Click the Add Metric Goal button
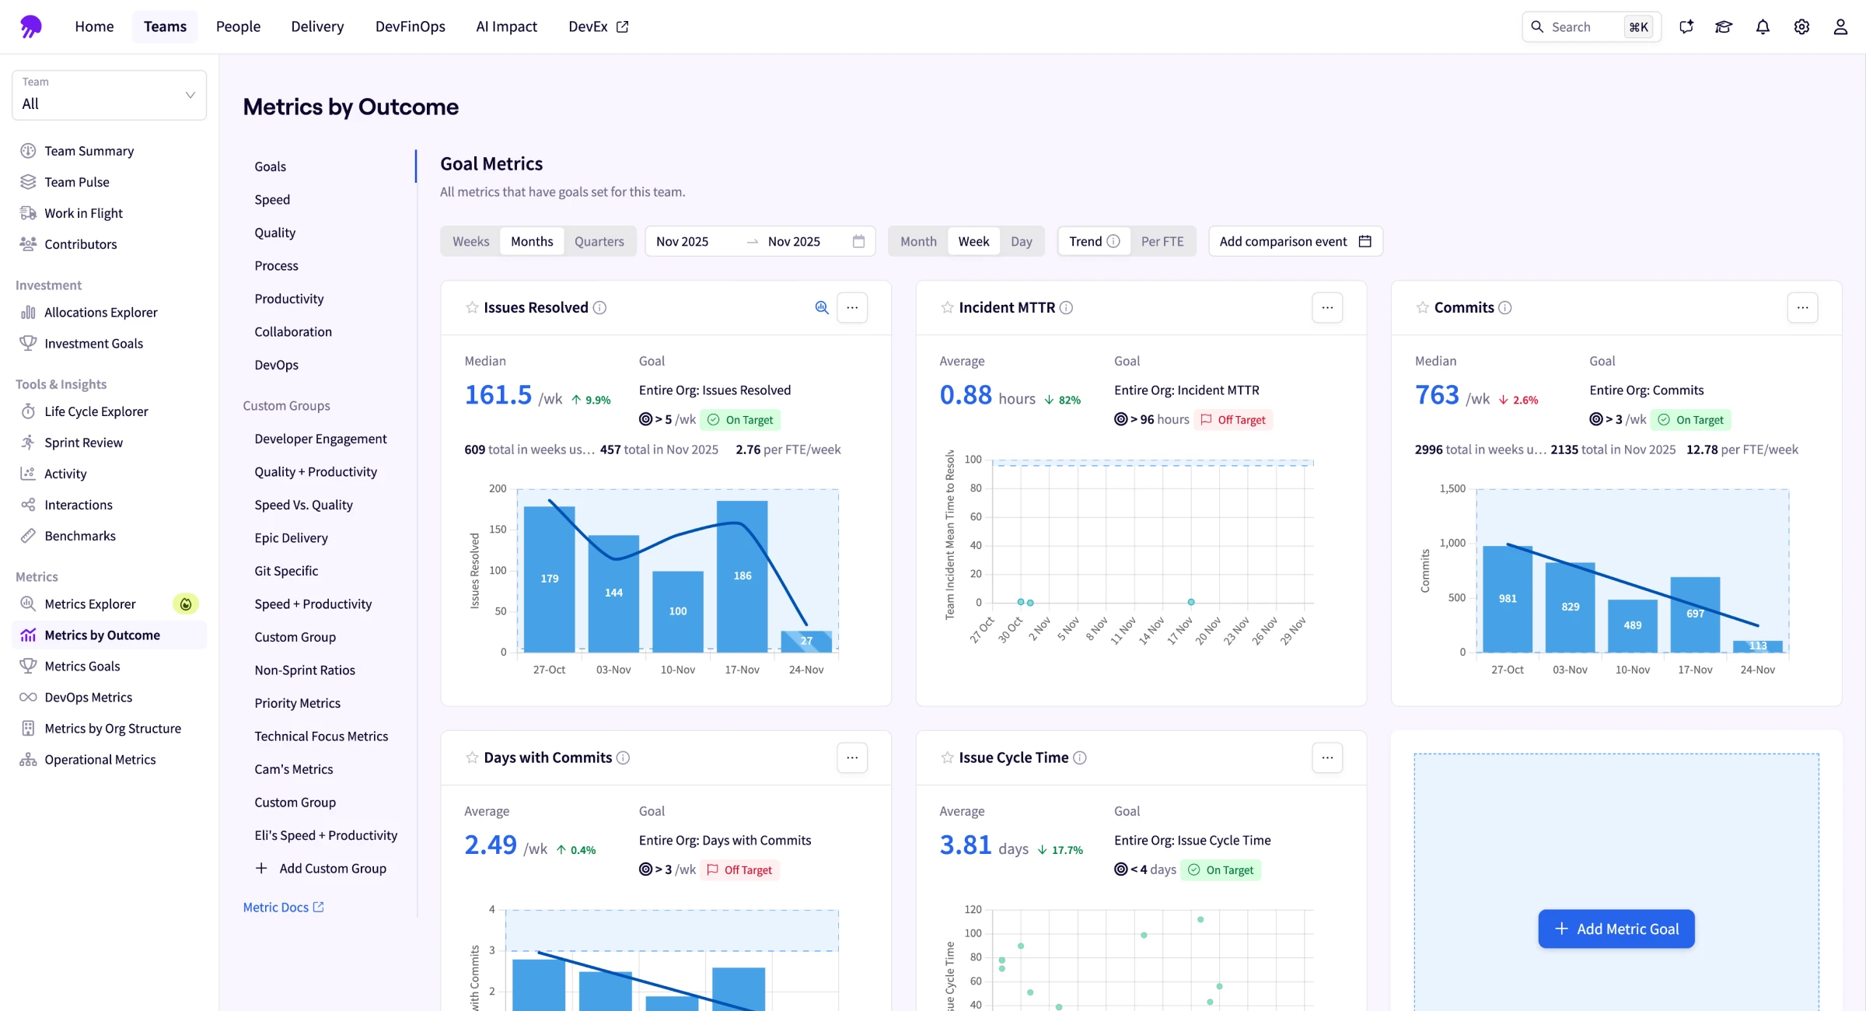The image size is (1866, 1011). [x=1616, y=929]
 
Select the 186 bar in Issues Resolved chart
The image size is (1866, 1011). [x=742, y=575]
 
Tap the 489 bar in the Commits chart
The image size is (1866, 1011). [x=1632, y=625]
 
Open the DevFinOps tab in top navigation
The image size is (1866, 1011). [x=410, y=26]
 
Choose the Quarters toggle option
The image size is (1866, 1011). [x=599, y=241]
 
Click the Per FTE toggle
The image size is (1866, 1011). [x=1162, y=241]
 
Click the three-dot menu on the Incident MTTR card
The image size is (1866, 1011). [x=1326, y=307]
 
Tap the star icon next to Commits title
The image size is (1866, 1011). [x=1422, y=307]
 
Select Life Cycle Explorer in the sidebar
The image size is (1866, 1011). [x=96, y=411]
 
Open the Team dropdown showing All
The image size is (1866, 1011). [x=109, y=95]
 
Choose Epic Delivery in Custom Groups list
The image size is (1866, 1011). [x=291, y=537]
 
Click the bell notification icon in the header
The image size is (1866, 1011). [x=1763, y=26]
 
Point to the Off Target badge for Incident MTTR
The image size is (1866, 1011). [x=1233, y=419]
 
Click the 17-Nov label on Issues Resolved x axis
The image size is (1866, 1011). [x=742, y=670]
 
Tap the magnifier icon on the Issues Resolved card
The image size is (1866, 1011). [x=821, y=307]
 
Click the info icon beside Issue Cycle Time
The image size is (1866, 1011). [x=1079, y=757]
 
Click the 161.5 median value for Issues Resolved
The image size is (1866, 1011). [x=498, y=395]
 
